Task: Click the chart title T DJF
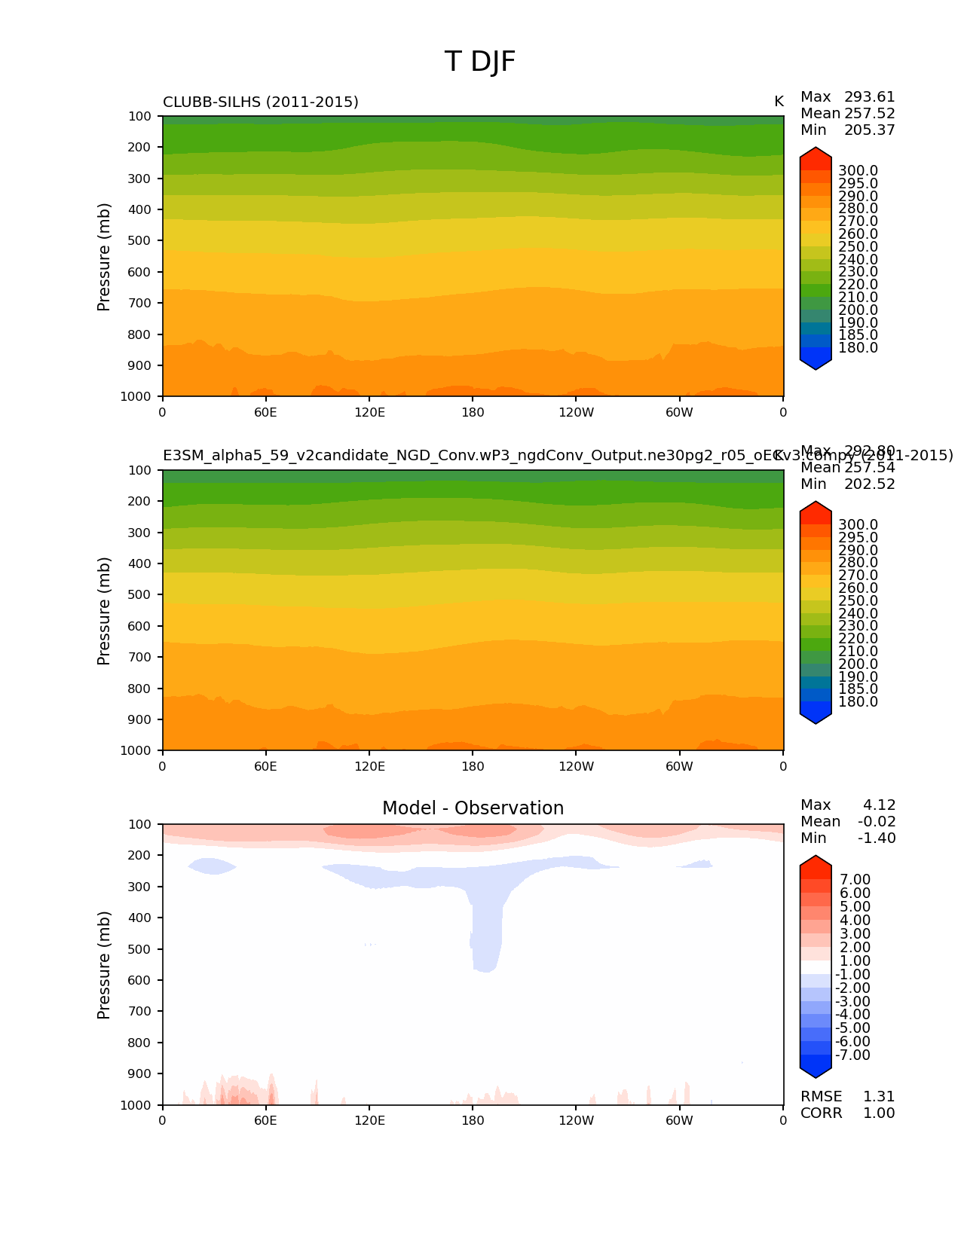[x=480, y=62]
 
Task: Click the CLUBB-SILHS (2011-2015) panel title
[x=261, y=102]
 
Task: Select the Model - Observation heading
[x=473, y=808]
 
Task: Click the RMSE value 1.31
[x=878, y=1097]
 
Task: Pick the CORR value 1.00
[x=878, y=1113]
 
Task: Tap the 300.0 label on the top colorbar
[x=858, y=171]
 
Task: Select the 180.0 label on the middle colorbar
[x=858, y=702]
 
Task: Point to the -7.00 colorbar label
[x=852, y=1055]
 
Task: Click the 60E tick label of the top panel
[x=265, y=413]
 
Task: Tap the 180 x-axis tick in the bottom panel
[x=473, y=1121]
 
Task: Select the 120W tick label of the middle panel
[x=576, y=767]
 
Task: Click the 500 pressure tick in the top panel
[x=139, y=241]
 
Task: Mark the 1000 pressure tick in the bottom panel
[x=136, y=1105]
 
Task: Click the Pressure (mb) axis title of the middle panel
[x=104, y=611]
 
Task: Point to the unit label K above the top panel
[x=779, y=102]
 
